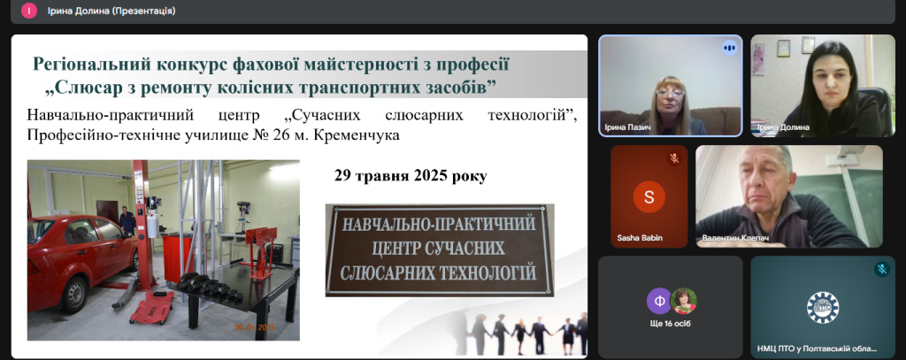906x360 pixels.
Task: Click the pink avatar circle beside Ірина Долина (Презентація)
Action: (x=29, y=11)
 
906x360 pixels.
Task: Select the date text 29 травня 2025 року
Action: (x=411, y=176)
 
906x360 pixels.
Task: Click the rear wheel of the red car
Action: (x=74, y=295)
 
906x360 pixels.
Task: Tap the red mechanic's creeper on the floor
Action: (x=152, y=306)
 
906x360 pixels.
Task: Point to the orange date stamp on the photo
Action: (x=254, y=327)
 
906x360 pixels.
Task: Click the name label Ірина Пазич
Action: (x=624, y=127)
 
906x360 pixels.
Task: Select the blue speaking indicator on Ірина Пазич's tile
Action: (x=729, y=48)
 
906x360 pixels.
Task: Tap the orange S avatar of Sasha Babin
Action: (x=649, y=197)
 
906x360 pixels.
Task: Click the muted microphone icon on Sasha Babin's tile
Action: (x=673, y=158)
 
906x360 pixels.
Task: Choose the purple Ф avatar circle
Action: (x=659, y=301)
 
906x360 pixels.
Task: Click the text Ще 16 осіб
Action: (x=671, y=324)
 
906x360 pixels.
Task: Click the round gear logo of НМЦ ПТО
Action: (x=823, y=308)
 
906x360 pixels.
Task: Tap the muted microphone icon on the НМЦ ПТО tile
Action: (x=882, y=269)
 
